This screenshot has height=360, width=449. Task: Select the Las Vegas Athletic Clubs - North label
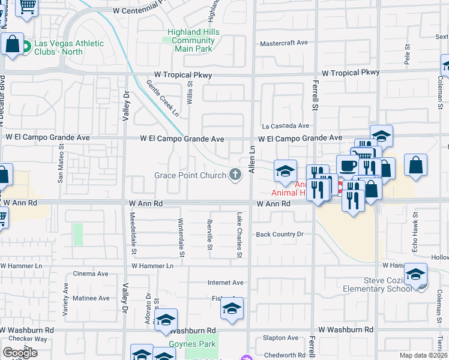click(68, 47)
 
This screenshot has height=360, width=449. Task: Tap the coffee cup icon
click(348, 166)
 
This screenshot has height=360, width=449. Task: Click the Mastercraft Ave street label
click(283, 43)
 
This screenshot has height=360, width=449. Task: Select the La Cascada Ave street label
click(285, 126)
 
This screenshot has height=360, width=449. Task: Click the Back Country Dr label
click(280, 235)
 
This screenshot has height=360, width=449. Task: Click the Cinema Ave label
click(90, 274)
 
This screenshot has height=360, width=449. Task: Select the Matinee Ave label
click(91, 298)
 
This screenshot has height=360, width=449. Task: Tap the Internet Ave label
click(226, 283)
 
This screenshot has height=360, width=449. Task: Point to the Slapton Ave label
click(280, 338)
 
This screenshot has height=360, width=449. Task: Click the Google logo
click(20, 353)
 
